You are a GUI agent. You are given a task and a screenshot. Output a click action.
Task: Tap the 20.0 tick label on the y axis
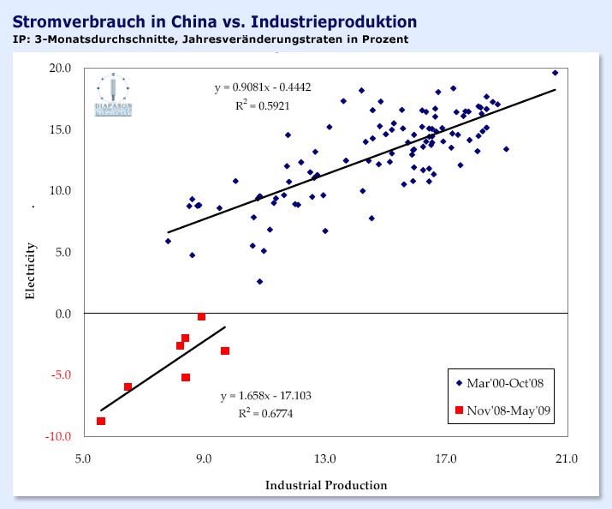[61, 68]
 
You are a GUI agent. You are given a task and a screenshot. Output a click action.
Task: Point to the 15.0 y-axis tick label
[61, 129]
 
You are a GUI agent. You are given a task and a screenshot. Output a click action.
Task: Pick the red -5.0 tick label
[61, 375]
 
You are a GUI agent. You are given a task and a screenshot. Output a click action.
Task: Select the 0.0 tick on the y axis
[63, 314]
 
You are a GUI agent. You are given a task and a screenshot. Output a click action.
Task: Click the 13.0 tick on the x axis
[324, 459]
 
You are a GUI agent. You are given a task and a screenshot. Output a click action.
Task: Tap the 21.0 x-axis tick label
[567, 459]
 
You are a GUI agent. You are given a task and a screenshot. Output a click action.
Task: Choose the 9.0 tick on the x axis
[204, 459]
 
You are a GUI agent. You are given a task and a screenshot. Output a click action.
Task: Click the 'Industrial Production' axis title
[326, 486]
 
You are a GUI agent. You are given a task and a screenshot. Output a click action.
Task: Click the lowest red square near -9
[101, 421]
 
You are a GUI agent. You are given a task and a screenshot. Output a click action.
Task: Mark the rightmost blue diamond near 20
[555, 73]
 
